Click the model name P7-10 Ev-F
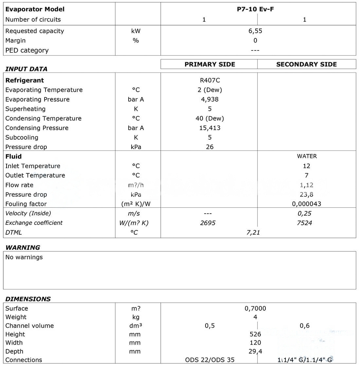[x=255, y=9]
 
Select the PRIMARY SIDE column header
[x=210, y=64]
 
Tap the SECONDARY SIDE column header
[x=306, y=64]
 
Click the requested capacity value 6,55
[x=255, y=31]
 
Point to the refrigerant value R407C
[x=210, y=80]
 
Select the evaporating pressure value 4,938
[x=210, y=99]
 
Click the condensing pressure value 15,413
[x=210, y=128]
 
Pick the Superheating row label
[x=26, y=109]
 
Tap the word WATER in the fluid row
[x=307, y=156]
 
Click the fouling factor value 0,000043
[x=306, y=204]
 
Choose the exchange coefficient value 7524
[x=304, y=223]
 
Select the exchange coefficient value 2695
[x=208, y=223]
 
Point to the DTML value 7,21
[x=253, y=232]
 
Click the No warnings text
[x=24, y=257]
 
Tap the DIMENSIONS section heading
[x=28, y=299]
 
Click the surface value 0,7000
[x=255, y=308]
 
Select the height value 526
[x=255, y=334]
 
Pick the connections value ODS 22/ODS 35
[x=210, y=360]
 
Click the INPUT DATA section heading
[x=27, y=69]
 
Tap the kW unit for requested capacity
[x=136, y=31]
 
